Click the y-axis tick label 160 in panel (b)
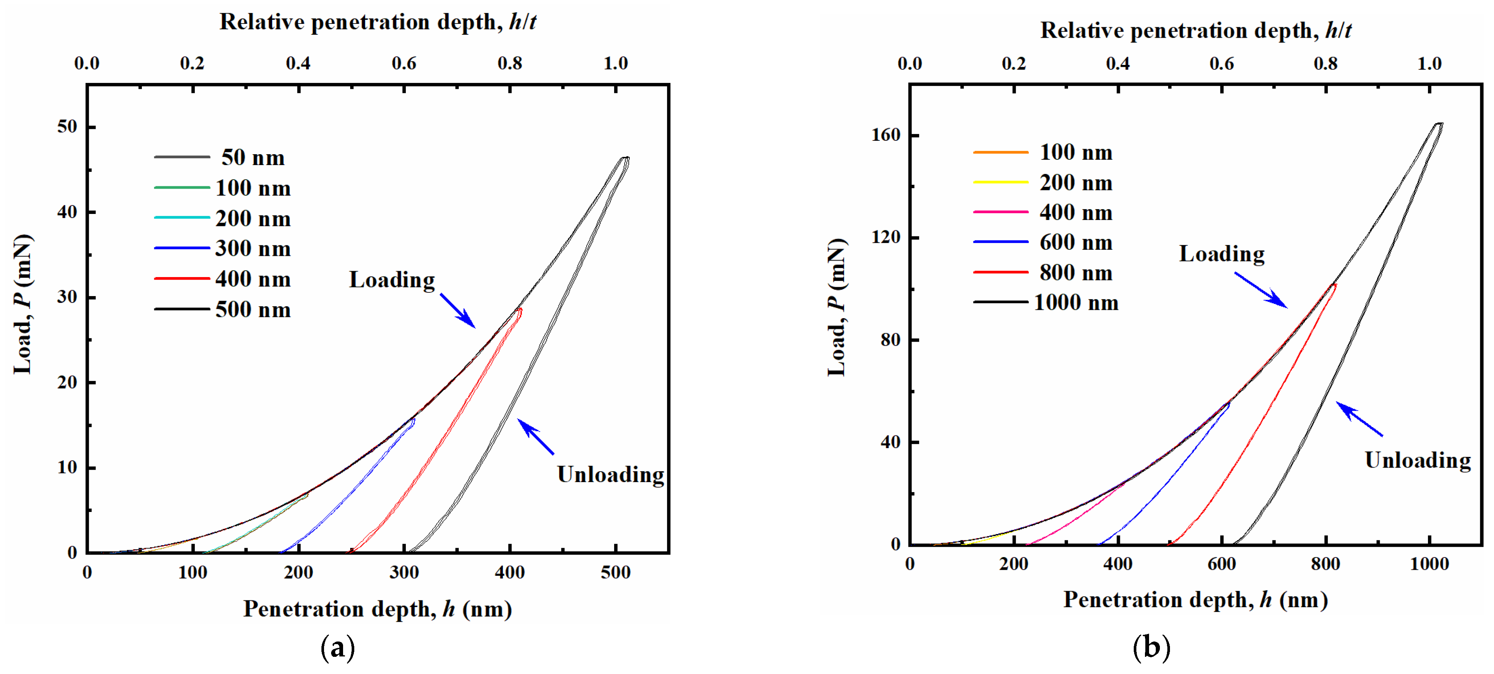coord(885,135)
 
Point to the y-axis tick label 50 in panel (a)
coord(67,127)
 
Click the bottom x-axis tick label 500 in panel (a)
coord(615,573)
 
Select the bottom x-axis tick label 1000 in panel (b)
coord(1429,564)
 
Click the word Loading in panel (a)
coord(392,280)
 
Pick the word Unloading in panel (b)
coord(1417,460)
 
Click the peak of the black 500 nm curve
coord(625,158)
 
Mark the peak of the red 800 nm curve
coord(1334,285)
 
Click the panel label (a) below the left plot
coord(337,648)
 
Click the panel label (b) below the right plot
coord(1151,648)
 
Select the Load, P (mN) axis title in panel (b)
coord(837,307)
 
